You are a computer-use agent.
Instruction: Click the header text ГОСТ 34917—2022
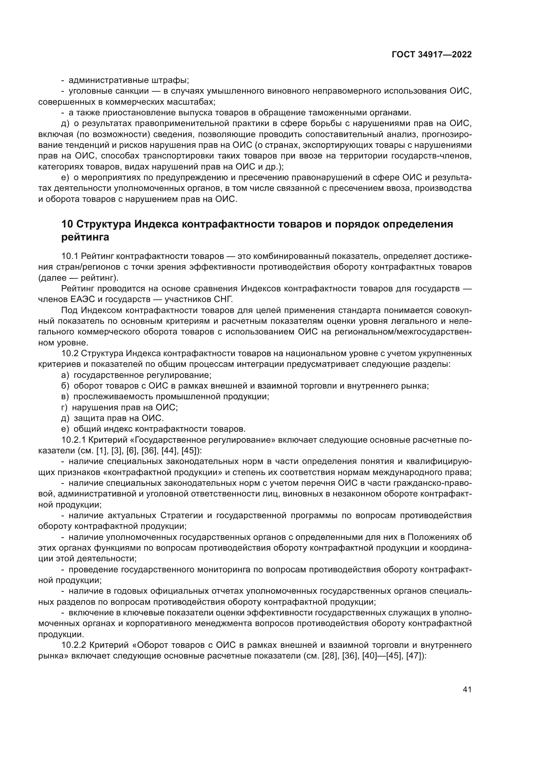pos(431,55)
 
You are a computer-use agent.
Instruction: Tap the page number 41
pos(467,689)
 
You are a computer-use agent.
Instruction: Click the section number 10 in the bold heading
pos(67,224)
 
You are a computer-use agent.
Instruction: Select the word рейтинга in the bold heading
pos(85,237)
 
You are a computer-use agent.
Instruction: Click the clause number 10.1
pos(69,256)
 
